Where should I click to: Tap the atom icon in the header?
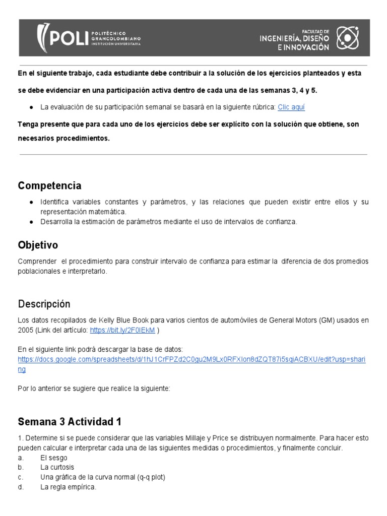click(x=347, y=37)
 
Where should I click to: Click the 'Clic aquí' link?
click(x=291, y=107)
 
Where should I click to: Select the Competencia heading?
click(x=49, y=185)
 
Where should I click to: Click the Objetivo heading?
click(x=38, y=245)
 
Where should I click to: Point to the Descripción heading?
click(x=44, y=304)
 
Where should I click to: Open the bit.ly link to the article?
click(x=122, y=330)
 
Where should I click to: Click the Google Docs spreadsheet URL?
click(x=191, y=360)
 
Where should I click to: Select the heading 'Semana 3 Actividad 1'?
click(x=70, y=421)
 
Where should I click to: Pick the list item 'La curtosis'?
click(x=57, y=467)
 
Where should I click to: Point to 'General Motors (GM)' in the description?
click(x=300, y=320)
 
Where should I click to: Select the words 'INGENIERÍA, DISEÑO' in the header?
click(x=294, y=38)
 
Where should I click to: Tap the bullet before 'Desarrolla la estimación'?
click(x=31, y=222)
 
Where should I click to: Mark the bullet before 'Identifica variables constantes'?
click(x=31, y=202)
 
